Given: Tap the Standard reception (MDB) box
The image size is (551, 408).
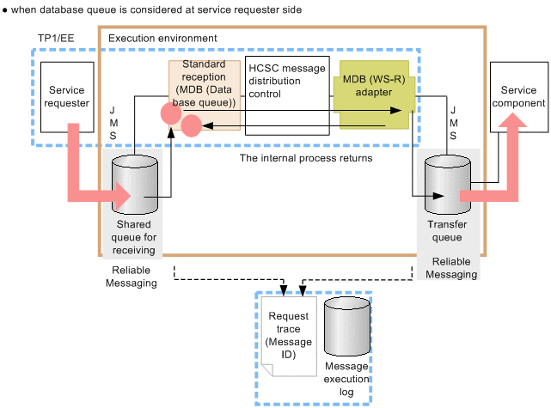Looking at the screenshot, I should [x=204, y=83].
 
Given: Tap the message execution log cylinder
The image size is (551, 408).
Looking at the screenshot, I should [x=345, y=333].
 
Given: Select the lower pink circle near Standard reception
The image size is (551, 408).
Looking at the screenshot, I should [x=191, y=128].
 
